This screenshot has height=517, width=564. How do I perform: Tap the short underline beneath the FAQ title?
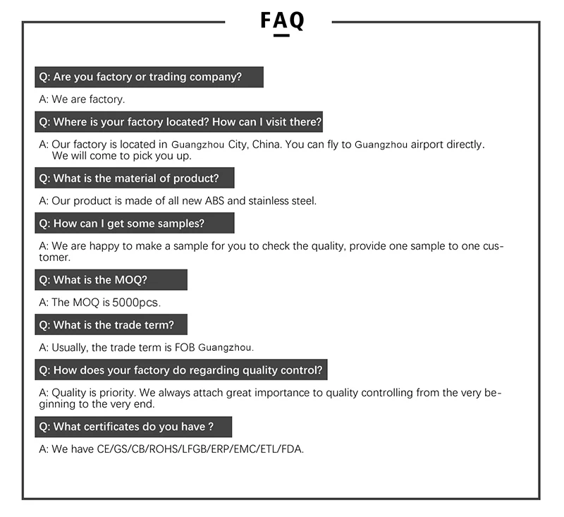coord(281,35)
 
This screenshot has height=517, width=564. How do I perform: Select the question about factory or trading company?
coord(149,77)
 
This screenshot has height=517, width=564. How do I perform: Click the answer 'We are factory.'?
coord(82,99)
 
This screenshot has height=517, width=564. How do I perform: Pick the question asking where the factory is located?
coord(179,122)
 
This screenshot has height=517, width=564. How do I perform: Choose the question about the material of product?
coord(134,178)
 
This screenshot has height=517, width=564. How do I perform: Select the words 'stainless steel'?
coord(283,201)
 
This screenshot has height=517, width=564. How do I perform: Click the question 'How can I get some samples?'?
coord(134,224)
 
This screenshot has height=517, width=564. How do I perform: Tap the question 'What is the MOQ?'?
coord(111,279)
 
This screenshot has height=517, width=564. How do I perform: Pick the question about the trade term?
coord(111,325)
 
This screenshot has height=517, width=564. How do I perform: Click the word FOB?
coord(185,348)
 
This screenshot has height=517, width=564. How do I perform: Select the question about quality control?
coord(181,370)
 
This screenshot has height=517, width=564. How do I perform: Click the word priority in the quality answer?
coord(120,393)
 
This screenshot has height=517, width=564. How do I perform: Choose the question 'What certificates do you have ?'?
coord(133,427)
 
